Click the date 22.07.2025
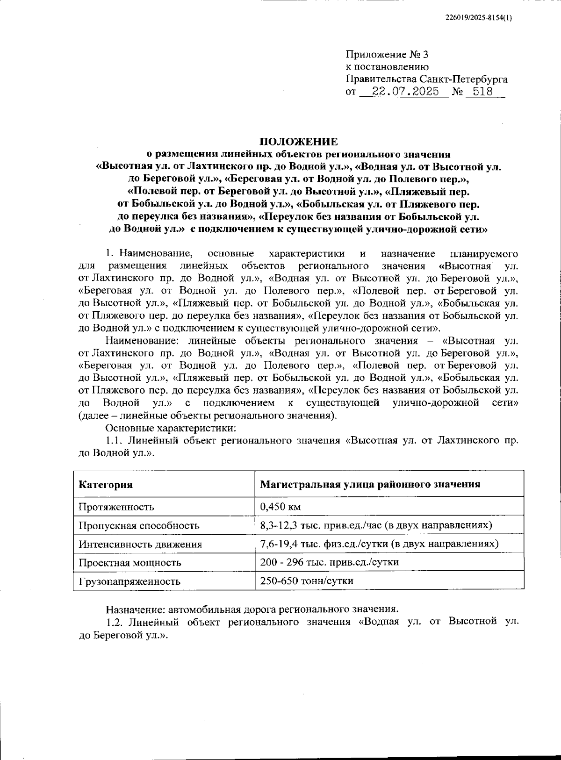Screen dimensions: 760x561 (x=405, y=92)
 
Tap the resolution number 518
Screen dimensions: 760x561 (x=483, y=92)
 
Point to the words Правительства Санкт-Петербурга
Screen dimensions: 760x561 (x=426, y=79)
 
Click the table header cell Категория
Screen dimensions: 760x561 (x=106, y=485)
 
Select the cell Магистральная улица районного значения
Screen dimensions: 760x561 (x=370, y=484)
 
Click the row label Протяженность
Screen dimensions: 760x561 (x=116, y=507)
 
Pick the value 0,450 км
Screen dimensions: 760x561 (x=280, y=507)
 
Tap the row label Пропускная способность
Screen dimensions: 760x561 (x=139, y=526)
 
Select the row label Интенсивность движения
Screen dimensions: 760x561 (x=140, y=545)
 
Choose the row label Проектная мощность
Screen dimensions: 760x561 (x=130, y=563)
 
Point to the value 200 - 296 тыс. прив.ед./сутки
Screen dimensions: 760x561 (x=329, y=562)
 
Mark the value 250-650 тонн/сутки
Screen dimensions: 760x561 (x=307, y=581)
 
